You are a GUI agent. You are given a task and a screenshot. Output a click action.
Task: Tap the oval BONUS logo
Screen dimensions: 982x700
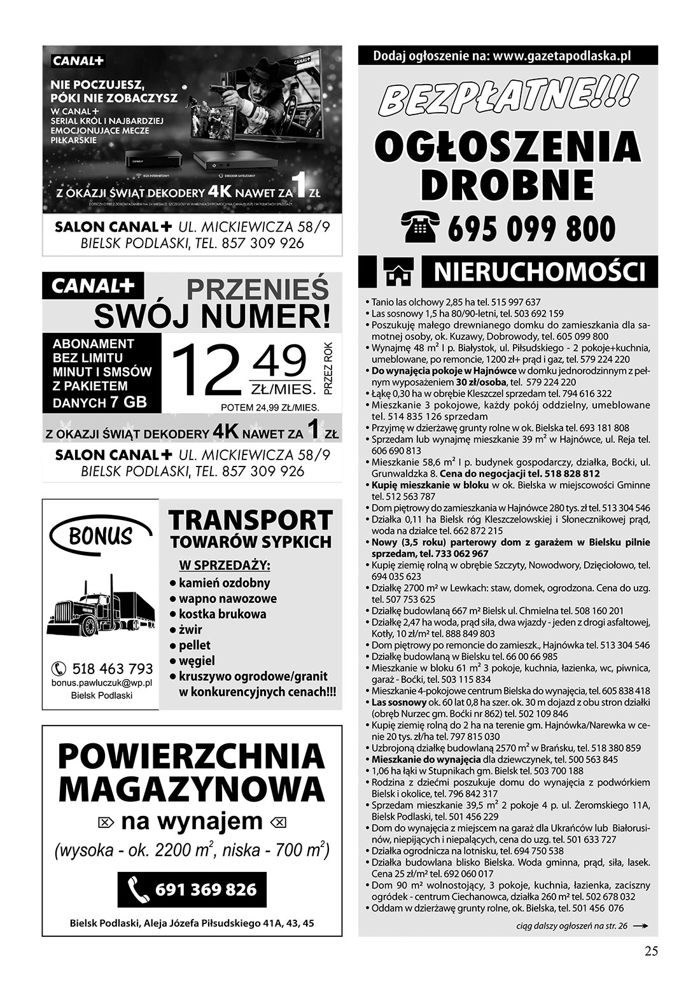tap(101, 537)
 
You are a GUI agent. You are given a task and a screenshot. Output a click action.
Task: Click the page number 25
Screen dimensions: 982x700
tap(650, 951)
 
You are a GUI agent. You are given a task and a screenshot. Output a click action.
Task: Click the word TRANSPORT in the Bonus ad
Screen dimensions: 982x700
tap(251, 520)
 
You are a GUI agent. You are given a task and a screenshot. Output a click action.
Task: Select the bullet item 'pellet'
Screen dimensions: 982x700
tap(195, 645)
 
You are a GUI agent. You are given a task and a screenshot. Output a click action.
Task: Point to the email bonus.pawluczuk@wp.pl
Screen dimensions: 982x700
tap(102, 682)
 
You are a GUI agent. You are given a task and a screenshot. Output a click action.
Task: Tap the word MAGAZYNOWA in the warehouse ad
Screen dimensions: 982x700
tap(192, 790)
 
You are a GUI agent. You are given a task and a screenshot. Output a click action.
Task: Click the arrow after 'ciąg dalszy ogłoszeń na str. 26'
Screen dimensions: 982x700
tap(641, 927)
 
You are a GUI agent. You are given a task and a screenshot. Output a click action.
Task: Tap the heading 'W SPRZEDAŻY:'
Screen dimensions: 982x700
tap(225, 565)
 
